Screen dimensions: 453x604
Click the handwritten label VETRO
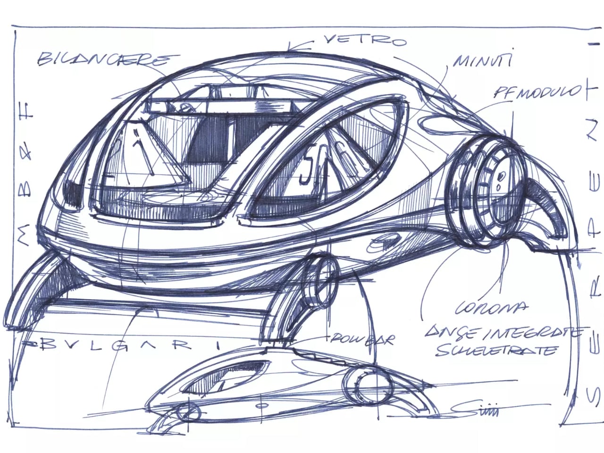(x=364, y=41)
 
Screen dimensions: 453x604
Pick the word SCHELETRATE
(x=495, y=350)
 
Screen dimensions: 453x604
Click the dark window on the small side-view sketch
(x=236, y=375)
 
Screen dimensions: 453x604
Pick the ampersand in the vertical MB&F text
(x=26, y=151)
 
